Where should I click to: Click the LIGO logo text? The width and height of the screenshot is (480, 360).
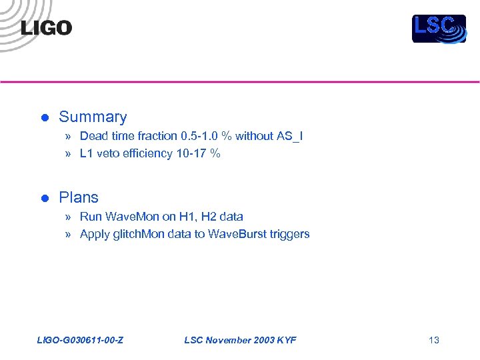(x=46, y=28)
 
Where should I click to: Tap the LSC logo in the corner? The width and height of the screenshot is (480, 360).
(x=439, y=29)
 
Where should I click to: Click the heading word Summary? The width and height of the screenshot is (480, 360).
(x=93, y=117)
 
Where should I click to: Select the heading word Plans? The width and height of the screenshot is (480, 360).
(x=79, y=198)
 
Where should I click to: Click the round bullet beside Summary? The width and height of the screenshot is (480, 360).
(x=45, y=118)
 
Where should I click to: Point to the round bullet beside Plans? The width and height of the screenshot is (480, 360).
(x=45, y=199)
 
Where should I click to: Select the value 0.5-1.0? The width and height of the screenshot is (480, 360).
(x=199, y=136)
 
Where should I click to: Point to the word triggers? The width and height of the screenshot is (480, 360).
(x=289, y=234)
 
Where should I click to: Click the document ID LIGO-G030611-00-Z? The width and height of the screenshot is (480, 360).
(x=79, y=341)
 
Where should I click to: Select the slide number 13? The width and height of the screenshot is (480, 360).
(x=434, y=341)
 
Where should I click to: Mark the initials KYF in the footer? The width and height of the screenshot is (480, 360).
(x=287, y=341)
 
